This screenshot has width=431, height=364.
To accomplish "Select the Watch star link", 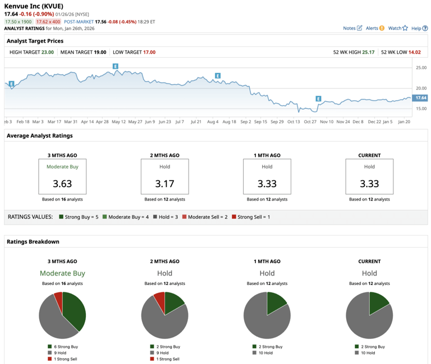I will [398, 28].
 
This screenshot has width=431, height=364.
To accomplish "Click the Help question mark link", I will [419, 28].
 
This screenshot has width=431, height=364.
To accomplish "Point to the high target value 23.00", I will [47, 52].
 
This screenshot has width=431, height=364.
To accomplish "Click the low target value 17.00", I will [149, 52].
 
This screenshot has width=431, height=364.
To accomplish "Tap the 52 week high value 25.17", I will [368, 52].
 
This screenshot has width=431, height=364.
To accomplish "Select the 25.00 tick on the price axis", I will [420, 68].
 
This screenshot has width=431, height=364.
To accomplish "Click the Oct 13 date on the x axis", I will [294, 121].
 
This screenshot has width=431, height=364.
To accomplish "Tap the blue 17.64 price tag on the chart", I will [420, 98].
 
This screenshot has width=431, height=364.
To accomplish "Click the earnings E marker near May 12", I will [116, 67].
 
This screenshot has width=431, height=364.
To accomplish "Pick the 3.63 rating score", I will [62, 183].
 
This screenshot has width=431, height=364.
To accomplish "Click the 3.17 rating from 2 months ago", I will [164, 183].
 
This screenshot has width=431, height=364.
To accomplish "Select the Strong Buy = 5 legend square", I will [61, 217].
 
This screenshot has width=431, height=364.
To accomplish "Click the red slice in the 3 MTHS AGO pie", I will [58, 297].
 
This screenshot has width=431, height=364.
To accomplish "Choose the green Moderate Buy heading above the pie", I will [62, 273].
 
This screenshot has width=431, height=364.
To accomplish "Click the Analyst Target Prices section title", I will [35, 41].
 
